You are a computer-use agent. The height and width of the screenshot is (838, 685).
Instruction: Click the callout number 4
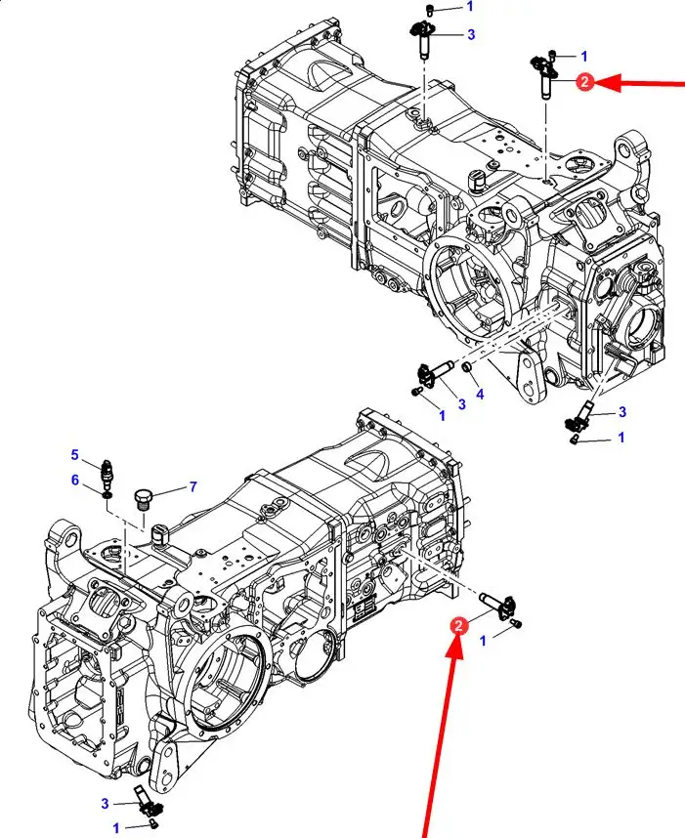(480, 395)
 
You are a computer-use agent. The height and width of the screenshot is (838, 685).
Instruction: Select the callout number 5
(75, 455)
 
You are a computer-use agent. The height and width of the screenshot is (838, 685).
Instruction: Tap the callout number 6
(75, 480)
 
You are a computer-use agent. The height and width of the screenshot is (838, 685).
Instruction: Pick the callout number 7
(193, 486)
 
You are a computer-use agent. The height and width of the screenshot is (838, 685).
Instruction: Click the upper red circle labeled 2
(584, 82)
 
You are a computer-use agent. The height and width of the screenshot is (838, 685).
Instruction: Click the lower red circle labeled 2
(458, 625)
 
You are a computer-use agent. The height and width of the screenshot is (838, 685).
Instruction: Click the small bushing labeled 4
(467, 367)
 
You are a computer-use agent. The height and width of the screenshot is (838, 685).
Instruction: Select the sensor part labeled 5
(108, 473)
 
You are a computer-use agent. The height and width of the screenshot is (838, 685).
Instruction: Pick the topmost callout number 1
(470, 7)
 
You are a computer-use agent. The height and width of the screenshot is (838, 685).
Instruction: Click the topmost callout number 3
(471, 35)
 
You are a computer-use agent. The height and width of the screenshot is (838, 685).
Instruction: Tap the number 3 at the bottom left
(105, 803)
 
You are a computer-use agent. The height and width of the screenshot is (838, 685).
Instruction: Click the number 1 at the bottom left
(116, 829)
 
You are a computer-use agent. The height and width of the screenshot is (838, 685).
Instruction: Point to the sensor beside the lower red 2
(496, 606)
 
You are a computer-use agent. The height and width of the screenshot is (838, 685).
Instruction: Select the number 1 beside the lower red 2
(484, 641)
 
